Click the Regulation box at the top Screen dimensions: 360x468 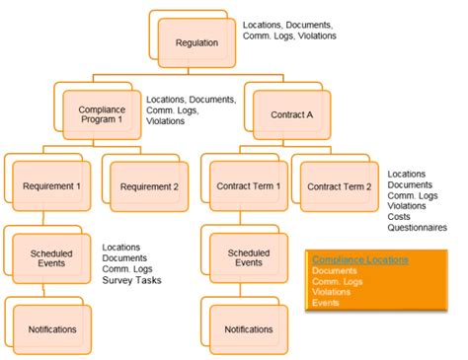click(196, 41)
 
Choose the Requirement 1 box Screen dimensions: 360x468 click(51, 185)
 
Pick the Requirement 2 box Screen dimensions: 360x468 click(148, 185)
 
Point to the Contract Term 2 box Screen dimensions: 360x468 click(339, 185)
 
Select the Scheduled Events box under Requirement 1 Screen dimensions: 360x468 click(51, 256)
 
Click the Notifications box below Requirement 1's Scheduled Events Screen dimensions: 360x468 click(51, 327)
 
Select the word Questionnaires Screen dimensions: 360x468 click(417, 228)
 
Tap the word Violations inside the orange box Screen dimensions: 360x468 click(330, 291)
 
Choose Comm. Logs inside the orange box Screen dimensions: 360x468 click(333, 280)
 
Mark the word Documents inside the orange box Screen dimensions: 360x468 click(334, 269)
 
